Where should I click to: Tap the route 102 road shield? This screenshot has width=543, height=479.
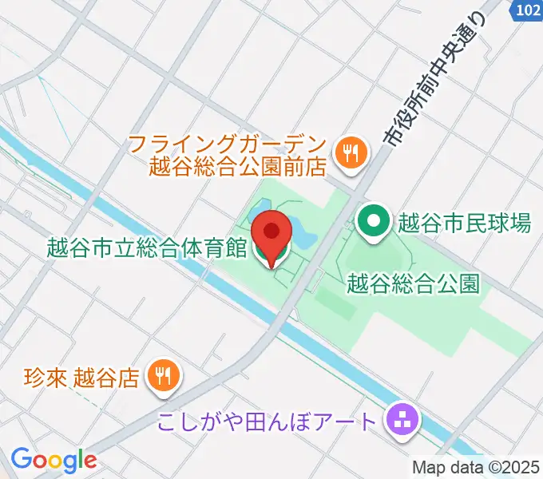coord(525,10)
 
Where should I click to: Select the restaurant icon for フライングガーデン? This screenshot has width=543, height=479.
coord(350,149)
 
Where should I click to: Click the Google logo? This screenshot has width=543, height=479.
coord(53,460)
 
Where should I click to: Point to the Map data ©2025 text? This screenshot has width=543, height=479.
coord(477,467)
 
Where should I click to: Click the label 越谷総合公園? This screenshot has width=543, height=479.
coord(414,283)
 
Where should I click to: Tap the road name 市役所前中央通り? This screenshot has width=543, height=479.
coord(436,80)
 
